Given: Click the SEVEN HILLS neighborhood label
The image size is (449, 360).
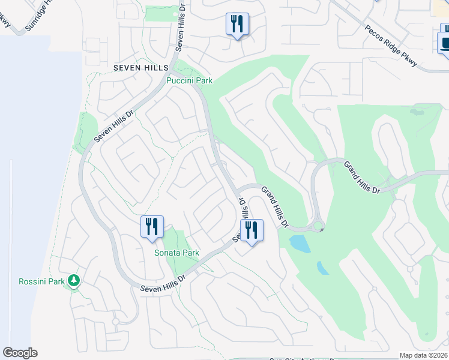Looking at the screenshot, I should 141,68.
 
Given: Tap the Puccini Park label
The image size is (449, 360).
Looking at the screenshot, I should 190,80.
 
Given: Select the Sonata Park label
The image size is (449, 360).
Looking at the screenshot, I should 176,253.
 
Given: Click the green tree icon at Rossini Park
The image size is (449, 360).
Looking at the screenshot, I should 73,280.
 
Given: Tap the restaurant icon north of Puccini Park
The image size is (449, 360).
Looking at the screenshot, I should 237,24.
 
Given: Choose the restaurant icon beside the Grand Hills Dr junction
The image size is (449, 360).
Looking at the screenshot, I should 252,230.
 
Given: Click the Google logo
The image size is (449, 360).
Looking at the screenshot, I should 20,353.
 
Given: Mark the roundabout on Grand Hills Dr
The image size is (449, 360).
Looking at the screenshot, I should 318,227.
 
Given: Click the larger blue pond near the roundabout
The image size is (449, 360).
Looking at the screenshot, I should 299,243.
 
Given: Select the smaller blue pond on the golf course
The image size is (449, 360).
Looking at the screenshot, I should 323,268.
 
